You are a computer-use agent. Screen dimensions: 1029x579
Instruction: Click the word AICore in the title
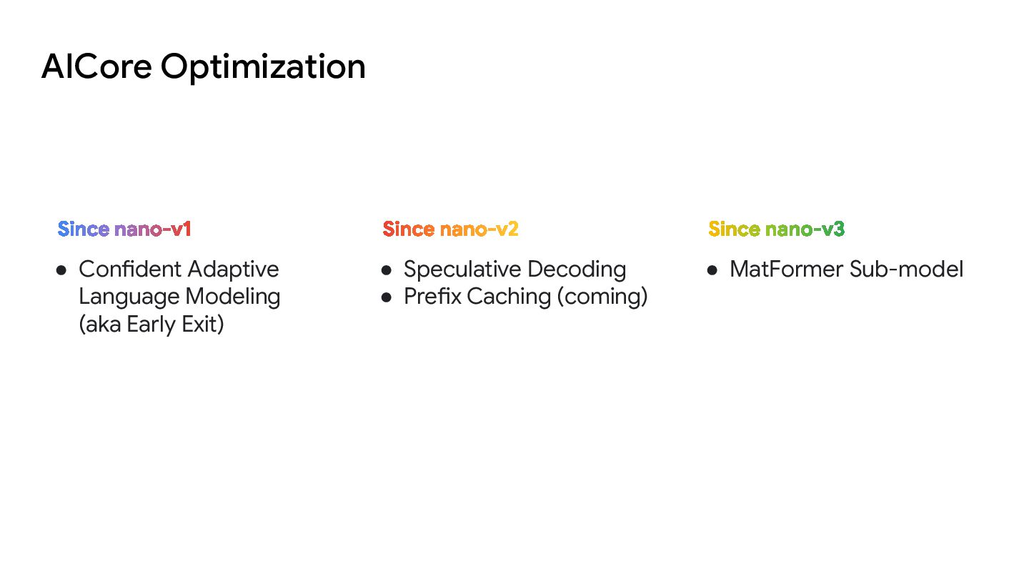pos(96,66)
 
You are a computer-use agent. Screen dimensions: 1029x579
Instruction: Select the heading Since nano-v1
pos(124,229)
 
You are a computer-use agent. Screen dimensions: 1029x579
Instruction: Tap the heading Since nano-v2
pos(450,229)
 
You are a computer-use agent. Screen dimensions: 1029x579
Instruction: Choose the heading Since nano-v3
pos(776,229)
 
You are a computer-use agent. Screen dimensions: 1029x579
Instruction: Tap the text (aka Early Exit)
pos(151,325)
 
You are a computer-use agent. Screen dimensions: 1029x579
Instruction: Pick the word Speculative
pos(460,270)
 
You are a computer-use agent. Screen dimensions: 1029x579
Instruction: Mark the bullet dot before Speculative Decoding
pos(387,270)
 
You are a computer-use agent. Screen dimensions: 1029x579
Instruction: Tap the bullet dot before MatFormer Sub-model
pos(712,270)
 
